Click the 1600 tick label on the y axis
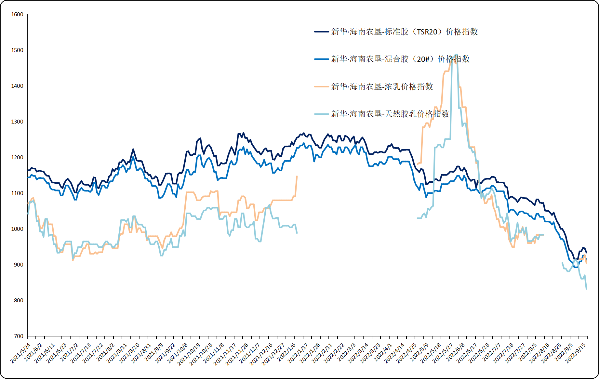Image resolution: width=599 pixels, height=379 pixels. pyautogui.click(x=17, y=14)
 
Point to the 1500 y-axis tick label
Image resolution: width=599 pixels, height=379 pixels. pyautogui.click(x=17, y=50)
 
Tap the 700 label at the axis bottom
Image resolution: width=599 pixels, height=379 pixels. pyautogui.click(x=19, y=336)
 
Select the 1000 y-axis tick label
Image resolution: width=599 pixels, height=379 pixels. pyautogui.click(x=17, y=229)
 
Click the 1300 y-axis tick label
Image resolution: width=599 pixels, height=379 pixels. pyautogui.click(x=17, y=122)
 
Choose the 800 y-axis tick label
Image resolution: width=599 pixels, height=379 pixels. pyautogui.click(x=19, y=300)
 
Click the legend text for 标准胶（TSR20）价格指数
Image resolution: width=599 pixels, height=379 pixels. pyautogui.click(x=404, y=32)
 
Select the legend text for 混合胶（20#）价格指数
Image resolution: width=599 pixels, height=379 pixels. pyautogui.click(x=400, y=59)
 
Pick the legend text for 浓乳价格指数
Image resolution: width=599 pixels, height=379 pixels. pyautogui.click(x=382, y=86)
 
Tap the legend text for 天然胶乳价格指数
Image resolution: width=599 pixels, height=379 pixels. pyautogui.click(x=390, y=114)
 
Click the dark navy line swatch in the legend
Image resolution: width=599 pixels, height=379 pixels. pyautogui.click(x=321, y=32)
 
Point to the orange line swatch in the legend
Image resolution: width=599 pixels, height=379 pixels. pyautogui.click(x=321, y=86)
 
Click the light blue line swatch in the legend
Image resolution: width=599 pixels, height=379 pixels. pyautogui.click(x=321, y=114)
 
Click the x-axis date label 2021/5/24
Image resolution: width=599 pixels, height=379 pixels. pyautogui.click(x=21, y=353)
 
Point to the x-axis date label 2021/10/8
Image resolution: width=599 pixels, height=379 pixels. pyautogui.click(x=178, y=353)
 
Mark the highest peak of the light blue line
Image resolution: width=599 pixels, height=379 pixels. pyautogui.click(x=456, y=55)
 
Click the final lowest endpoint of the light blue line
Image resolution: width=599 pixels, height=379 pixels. pyautogui.click(x=587, y=289)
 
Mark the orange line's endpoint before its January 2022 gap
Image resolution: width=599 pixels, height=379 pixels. pyautogui.click(x=297, y=176)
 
